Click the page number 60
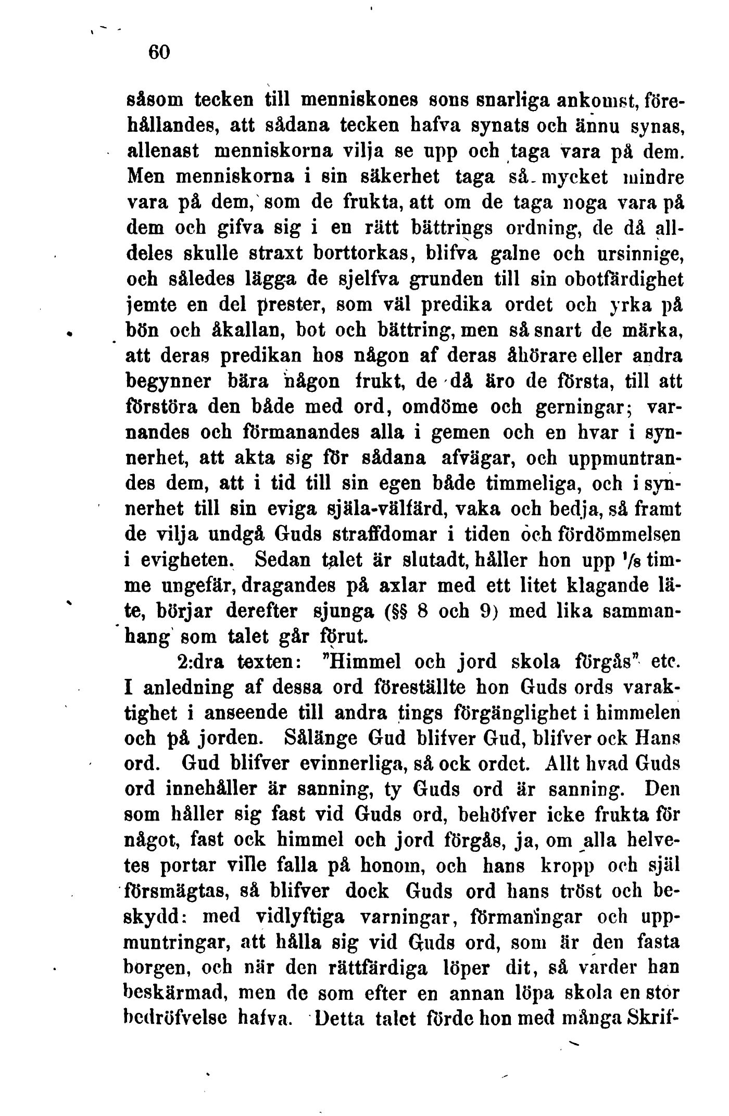coord(159,53)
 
